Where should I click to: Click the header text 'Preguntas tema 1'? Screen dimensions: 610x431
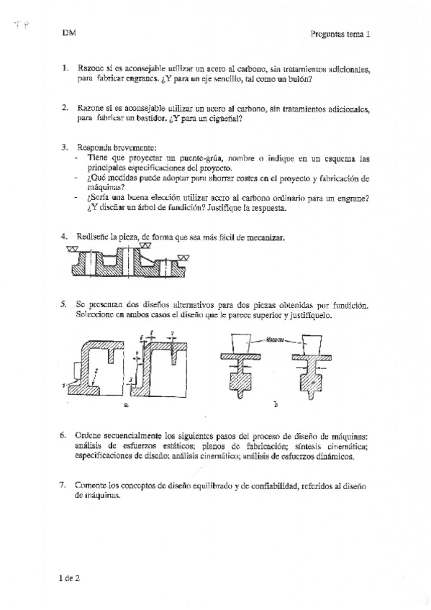click(340, 33)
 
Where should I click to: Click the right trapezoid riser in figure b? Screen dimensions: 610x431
click(311, 343)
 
